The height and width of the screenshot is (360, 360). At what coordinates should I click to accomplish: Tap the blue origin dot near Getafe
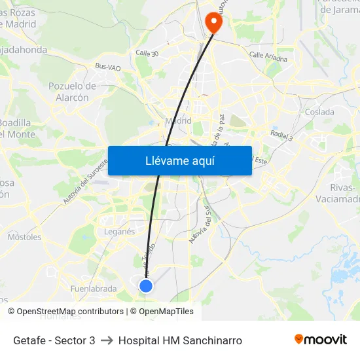[x=146, y=286]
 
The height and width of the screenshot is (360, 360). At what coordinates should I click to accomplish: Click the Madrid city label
[x=178, y=120]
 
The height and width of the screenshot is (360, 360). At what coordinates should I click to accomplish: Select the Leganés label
[x=119, y=231]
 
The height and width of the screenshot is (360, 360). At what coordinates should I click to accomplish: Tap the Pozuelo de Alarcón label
[x=73, y=92]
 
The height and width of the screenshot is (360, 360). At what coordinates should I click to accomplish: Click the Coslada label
[x=319, y=112]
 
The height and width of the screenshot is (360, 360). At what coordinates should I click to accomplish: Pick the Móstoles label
[x=24, y=237]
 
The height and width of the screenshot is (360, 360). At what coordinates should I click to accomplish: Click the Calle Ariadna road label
[x=268, y=56]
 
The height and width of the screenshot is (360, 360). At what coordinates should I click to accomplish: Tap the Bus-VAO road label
[x=107, y=67]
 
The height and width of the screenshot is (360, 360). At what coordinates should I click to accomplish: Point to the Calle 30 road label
[x=147, y=52]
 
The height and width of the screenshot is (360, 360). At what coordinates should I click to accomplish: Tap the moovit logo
[x=321, y=340]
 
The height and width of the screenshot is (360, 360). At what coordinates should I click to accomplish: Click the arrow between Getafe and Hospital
[x=107, y=340]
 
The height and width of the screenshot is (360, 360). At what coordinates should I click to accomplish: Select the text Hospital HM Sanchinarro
[x=180, y=340]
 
